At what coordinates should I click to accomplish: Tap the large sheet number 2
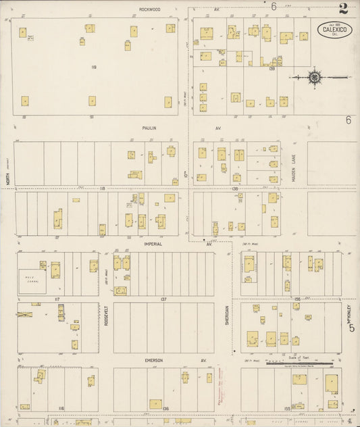point(344,9)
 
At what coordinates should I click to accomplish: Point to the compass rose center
point(315,78)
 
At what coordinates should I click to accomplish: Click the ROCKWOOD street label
point(149,9)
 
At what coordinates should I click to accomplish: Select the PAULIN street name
point(149,127)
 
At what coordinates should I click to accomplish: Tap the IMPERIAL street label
point(153,244)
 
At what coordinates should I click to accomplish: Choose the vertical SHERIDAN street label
point(228,314)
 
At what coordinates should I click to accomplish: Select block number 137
point(163,298)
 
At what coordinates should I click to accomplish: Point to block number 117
point(57,299)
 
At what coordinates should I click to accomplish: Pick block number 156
point(287,298)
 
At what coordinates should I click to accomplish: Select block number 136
point(165,409)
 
